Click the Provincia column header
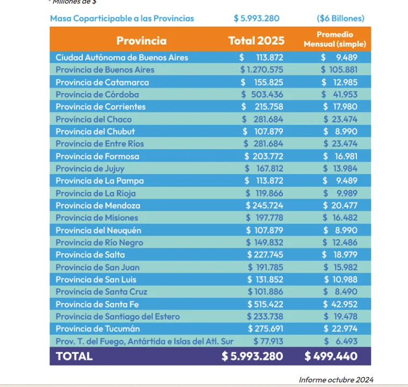tap(141, 40)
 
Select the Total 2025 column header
tap(256, 40)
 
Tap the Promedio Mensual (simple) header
tap(334, 39)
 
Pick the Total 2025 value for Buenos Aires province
tap(262, 70)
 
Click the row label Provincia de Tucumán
tap(98, 329)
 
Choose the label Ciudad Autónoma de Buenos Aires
tap(122, 58)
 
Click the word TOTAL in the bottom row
tap(74, 356)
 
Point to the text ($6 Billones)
tap(341, 18)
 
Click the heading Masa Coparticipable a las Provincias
tap(122, 18)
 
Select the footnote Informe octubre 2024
tap(336, 380)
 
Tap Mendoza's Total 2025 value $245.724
tap(264, 206)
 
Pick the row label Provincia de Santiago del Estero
tap(118, 317)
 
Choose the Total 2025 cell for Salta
tap(265, 255)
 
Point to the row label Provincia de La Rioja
tap(96, 193)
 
